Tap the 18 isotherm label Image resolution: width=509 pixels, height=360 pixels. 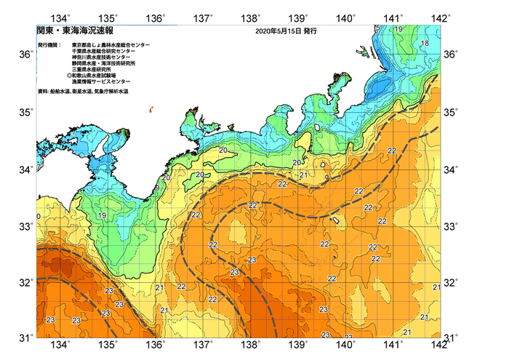point(425,44)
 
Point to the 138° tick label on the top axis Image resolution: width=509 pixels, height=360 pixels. point(252,17)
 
